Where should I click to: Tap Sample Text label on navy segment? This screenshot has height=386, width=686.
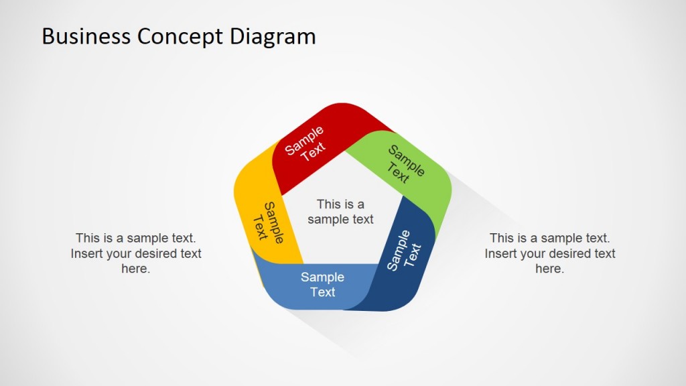405,251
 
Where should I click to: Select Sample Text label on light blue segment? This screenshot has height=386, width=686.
322,285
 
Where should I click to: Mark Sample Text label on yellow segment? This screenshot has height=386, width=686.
268,222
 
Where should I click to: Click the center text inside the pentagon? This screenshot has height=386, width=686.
340,212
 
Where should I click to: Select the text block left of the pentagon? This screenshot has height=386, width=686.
136,253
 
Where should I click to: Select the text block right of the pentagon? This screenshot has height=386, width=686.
550,253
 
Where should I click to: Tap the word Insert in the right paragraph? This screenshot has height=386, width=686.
502,253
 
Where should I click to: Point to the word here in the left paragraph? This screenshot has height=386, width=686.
136,269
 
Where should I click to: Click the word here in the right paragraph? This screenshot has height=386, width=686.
550,269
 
